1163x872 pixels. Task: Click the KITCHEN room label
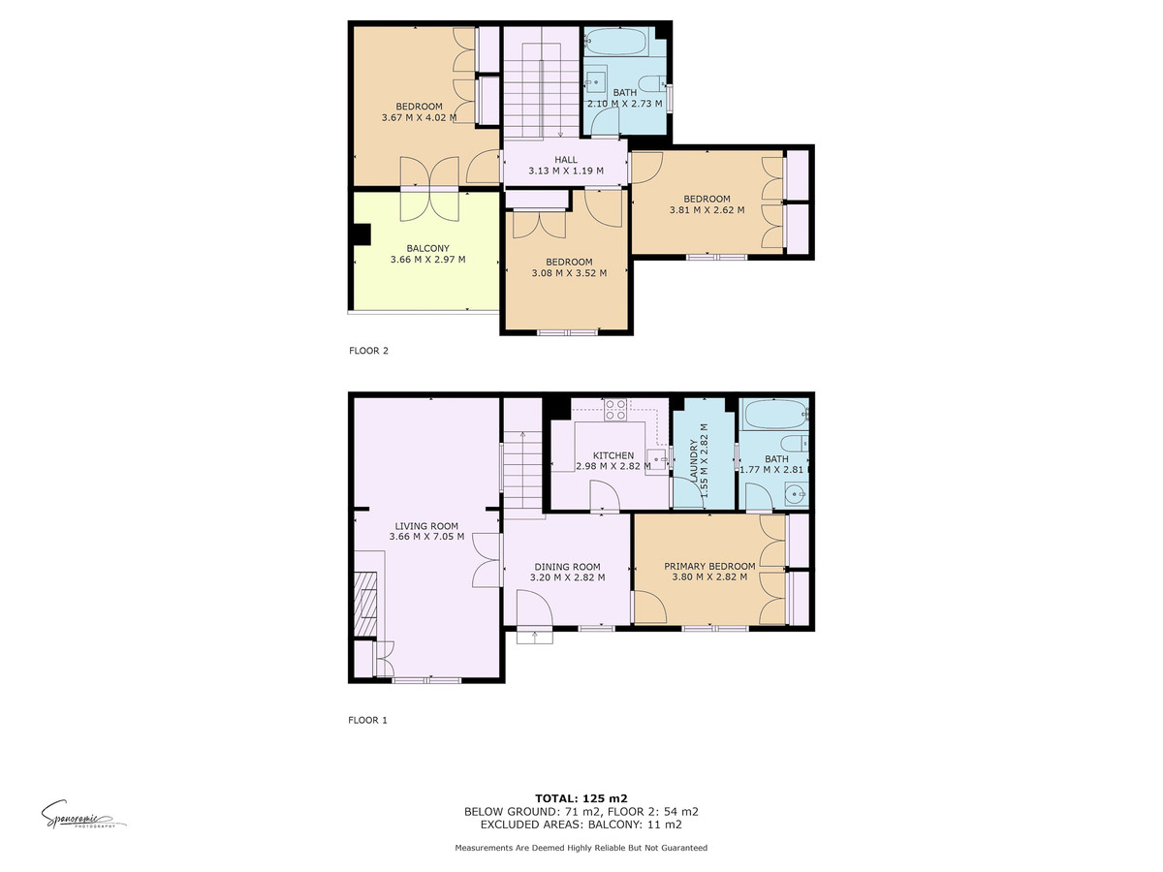point(613,455)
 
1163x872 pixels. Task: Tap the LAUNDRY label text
point(693,460)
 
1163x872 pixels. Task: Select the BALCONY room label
point(427,248)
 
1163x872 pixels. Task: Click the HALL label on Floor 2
point(566,159)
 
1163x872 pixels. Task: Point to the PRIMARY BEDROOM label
point(709,566)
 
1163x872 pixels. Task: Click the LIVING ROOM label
point(426,526)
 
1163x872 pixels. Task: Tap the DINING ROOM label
point(567,567)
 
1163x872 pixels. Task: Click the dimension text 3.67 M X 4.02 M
point(419,117)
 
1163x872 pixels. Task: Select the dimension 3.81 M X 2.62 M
point(707,209)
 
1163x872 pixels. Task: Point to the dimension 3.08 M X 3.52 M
point(569,273)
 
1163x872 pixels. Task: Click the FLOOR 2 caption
point(369,351)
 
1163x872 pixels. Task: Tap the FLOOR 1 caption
point(367,720)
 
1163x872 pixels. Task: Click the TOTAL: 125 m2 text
point(581,798)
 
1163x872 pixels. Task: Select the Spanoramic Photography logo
point(83,815)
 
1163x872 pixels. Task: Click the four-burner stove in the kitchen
point(615,410)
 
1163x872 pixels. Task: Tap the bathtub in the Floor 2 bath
point(614,42)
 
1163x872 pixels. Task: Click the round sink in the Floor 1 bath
point(796,495)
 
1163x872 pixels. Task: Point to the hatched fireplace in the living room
point(365,603)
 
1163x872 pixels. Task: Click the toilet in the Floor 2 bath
point(650,83)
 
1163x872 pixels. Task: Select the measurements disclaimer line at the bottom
point(581,848)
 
